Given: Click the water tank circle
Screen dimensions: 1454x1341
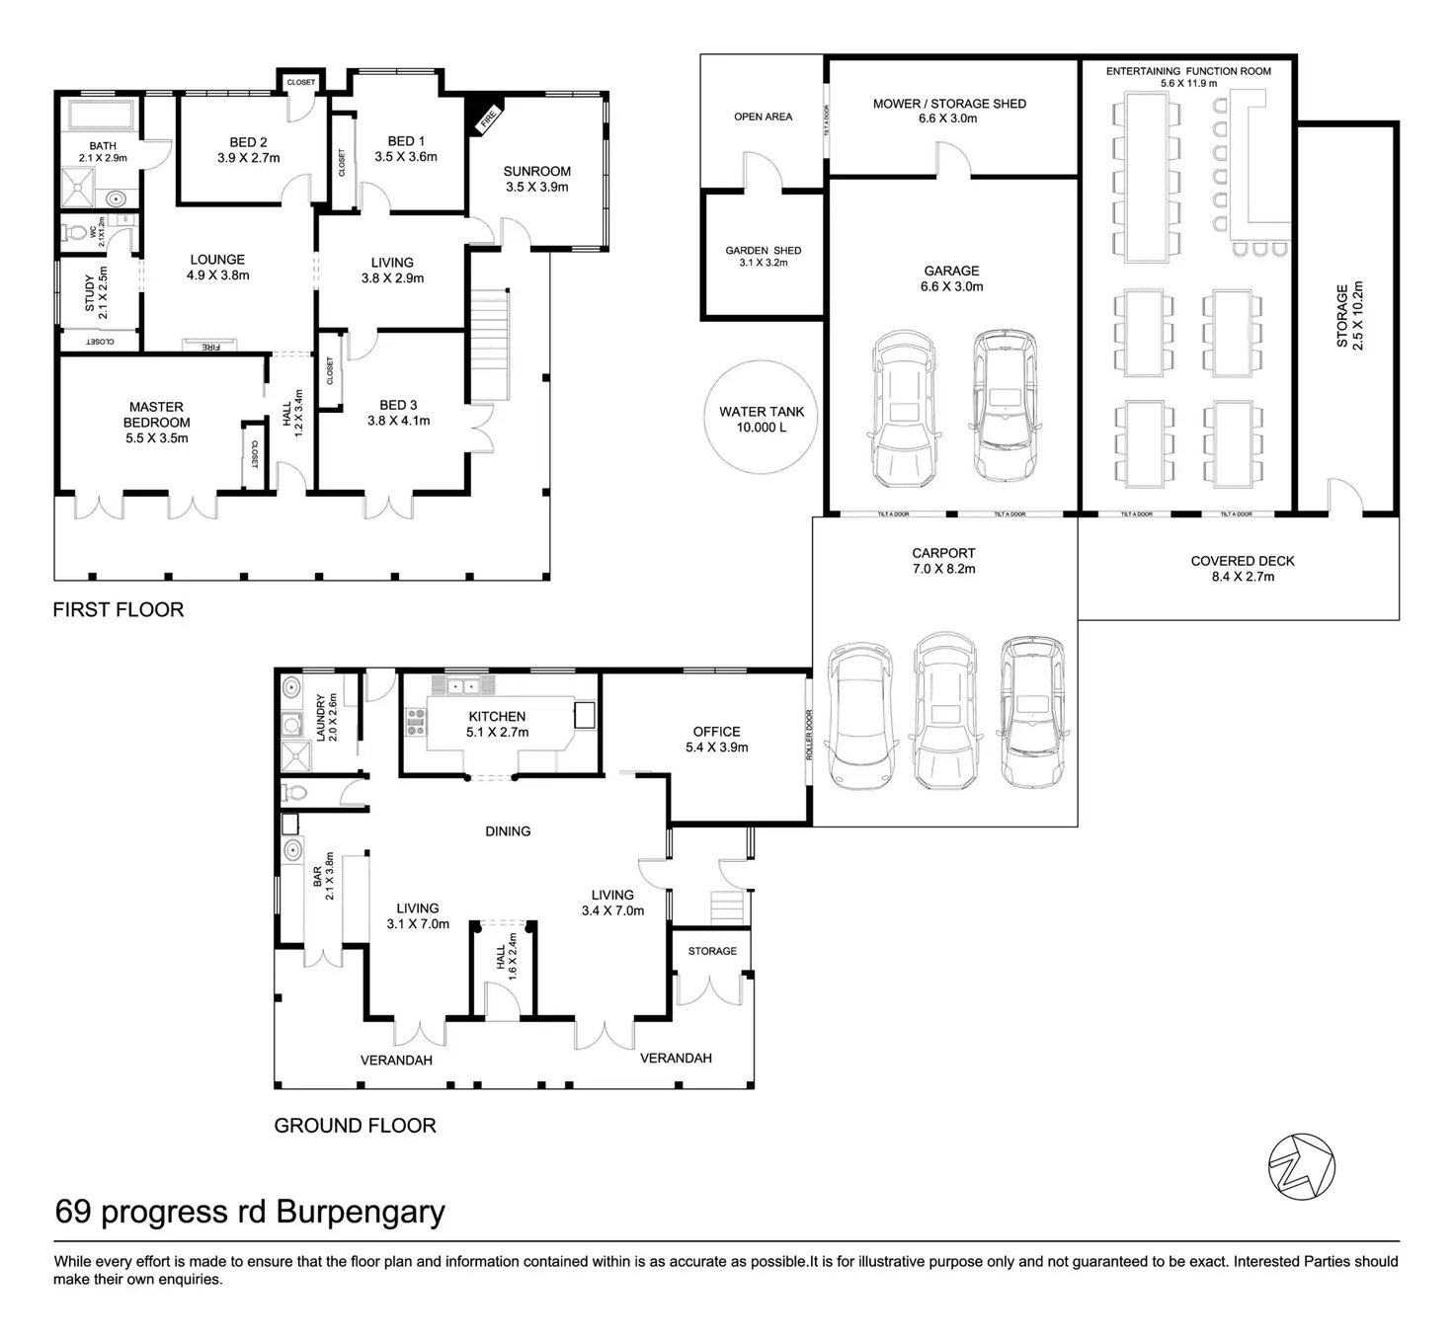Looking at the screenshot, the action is click(x=706, y=418).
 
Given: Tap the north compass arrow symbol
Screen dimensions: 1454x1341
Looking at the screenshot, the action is click(x=1302, y=1167).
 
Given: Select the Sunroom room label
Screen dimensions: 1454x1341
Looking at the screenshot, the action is click(x=536, y=171).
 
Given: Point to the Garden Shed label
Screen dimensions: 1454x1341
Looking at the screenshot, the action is click(x=763, y=251).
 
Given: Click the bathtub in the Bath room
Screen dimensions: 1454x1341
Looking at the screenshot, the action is click(x=102, y=116).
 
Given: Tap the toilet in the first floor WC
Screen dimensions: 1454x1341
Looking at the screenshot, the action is click(x=76, y=233).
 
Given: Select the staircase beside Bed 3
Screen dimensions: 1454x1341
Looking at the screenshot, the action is click(x=489, y=345).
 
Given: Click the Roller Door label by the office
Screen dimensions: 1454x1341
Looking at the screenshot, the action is click(x=809, y=735).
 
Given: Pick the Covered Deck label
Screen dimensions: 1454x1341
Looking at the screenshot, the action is click(x=1243, y=561).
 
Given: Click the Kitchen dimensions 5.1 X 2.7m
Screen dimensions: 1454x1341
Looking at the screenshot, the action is click(x=497, y=732).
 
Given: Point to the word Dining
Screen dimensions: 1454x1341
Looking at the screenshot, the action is click(x=508, y=830).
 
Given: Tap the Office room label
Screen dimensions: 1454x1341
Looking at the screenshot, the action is click(x=717, y=732).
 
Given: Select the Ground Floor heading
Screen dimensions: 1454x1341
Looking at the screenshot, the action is click(x=355, y=1125).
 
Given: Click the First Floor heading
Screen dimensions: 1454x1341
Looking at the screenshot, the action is click(x=118, y=609).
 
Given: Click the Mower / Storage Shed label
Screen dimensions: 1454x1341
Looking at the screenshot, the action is click(x=949, y=104).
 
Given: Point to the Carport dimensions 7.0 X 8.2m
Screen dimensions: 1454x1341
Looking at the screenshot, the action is click(x=943, y=569).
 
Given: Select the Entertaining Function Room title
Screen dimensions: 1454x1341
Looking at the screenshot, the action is click(x=1188, y=71).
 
